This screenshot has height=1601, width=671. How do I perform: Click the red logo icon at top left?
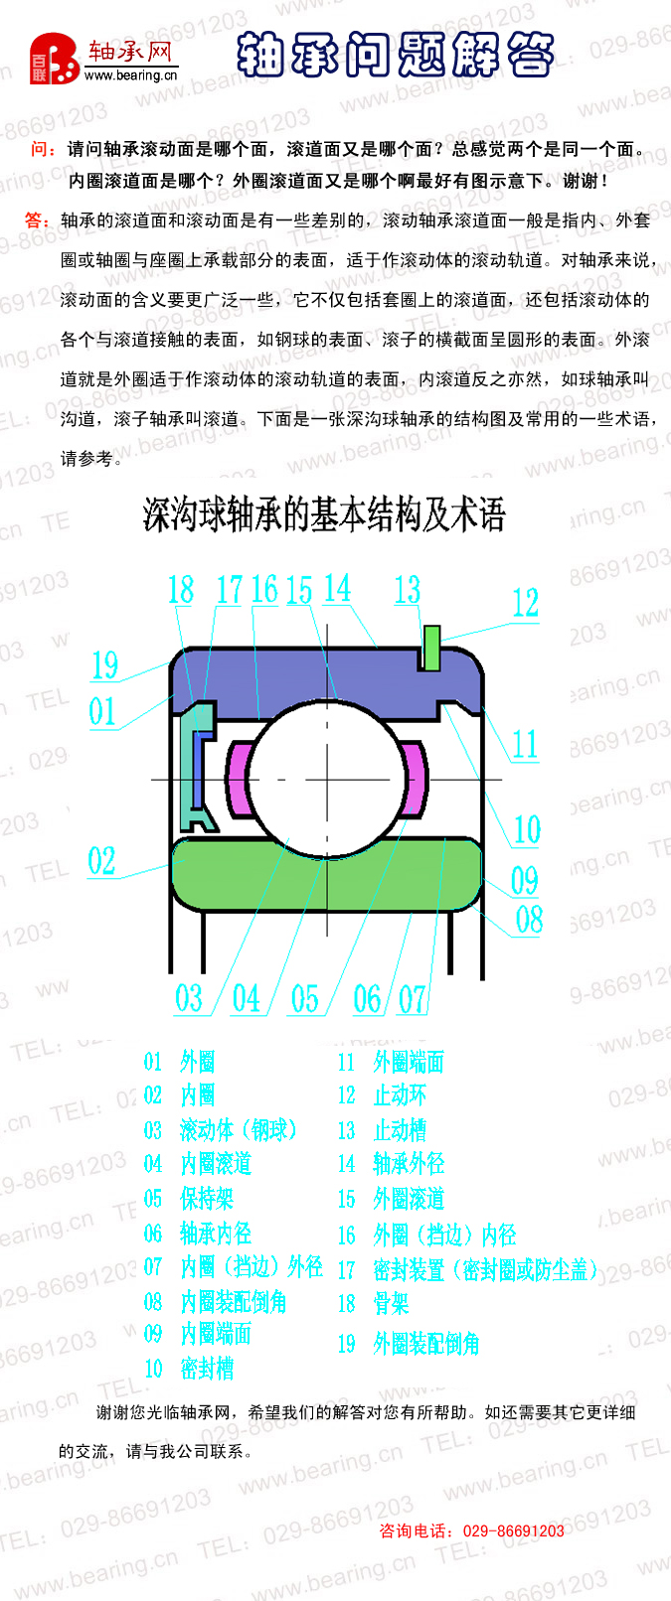point(54,59)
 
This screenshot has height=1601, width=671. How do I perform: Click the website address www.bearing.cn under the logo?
point(130,74)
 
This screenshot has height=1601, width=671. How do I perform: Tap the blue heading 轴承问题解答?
point(396,54)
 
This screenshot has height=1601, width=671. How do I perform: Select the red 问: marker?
point(43,149)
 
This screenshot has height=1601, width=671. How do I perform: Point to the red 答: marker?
point(37,219)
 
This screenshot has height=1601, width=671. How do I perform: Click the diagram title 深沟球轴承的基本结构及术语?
point(324,513)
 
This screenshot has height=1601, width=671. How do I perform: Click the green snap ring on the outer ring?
point(431,648)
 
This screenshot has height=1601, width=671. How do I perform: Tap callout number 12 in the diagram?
point(525,603)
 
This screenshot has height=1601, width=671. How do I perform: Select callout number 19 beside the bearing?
point(104,664)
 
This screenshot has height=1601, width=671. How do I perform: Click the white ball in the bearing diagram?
point(328,778)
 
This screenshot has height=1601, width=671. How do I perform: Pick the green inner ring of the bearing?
point(327,873)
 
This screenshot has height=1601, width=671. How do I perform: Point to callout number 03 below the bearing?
point(189,998)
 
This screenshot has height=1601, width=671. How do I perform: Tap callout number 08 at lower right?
point(530,919)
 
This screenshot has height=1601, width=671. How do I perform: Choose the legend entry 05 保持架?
point(188,1199)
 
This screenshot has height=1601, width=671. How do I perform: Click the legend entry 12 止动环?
point(382,1094)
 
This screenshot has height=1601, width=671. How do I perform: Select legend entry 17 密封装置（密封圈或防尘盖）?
point(467,1269)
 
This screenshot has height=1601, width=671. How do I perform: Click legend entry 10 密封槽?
point(188,1369)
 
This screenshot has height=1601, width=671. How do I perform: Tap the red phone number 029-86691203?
point(514,1530)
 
